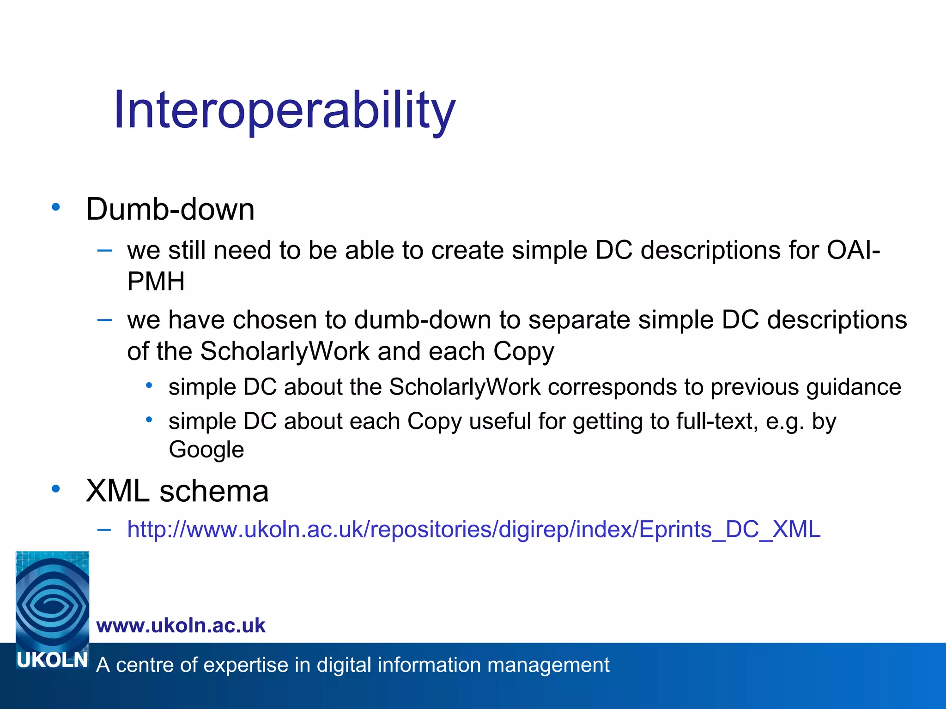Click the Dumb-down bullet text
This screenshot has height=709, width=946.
[170, 210]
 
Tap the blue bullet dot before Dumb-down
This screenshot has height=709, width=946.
[56, 207]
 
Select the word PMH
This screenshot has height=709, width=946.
[156, 282]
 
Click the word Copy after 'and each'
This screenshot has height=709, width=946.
[523, 352]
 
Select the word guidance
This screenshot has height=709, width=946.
[853, 387]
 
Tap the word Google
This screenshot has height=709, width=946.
[206, 450]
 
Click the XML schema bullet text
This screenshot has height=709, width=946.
[177, 491]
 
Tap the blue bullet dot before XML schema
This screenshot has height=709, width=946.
[56, 489]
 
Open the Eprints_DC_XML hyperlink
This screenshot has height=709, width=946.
[473, 529]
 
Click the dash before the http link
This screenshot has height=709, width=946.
[104, 530]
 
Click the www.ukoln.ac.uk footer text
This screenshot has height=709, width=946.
[181, 625]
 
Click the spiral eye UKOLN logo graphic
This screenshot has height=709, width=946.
[52, 600]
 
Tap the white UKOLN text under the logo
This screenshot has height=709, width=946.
[52, 661]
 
